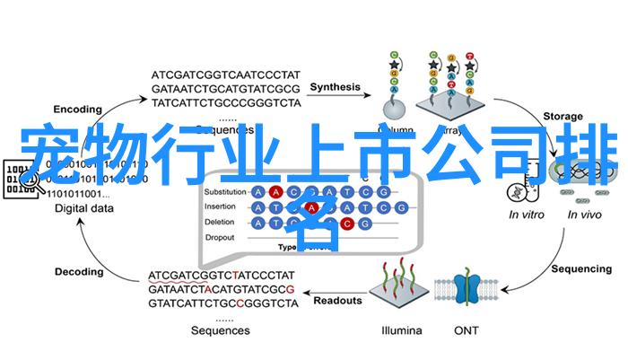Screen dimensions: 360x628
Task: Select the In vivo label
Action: coord(585,215)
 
